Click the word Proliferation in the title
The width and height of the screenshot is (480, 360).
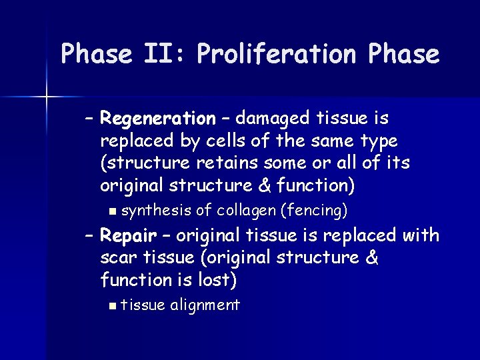pyautogui.click(x=275, y=54)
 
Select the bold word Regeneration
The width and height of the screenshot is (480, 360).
pyautogui.click(x=157, y=119)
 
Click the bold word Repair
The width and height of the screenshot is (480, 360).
pyautogui.click(x=128, y=235)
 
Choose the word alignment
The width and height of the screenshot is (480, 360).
pyautogui.click(x=205, y=305)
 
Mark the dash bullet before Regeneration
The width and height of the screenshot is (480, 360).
pyautogui.click(x=89, y=119)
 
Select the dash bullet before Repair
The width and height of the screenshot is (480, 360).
pyautogui.click(x=89, y=236)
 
